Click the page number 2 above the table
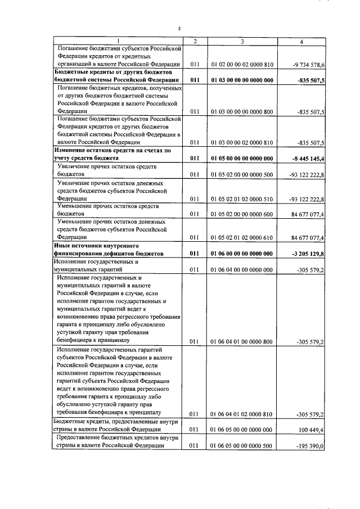point(179,28)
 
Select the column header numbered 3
point(241,42)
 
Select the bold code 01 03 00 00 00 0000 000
point(242,80)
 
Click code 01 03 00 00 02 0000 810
point(242,143)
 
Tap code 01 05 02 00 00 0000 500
point(242,175)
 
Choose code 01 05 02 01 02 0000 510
point(242,199)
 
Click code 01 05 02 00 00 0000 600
point(242,214)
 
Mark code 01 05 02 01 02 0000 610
point(242,237)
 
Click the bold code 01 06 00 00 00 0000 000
point(242,254)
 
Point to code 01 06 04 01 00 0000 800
point(242,341)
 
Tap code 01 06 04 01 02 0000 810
point(242,415)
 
